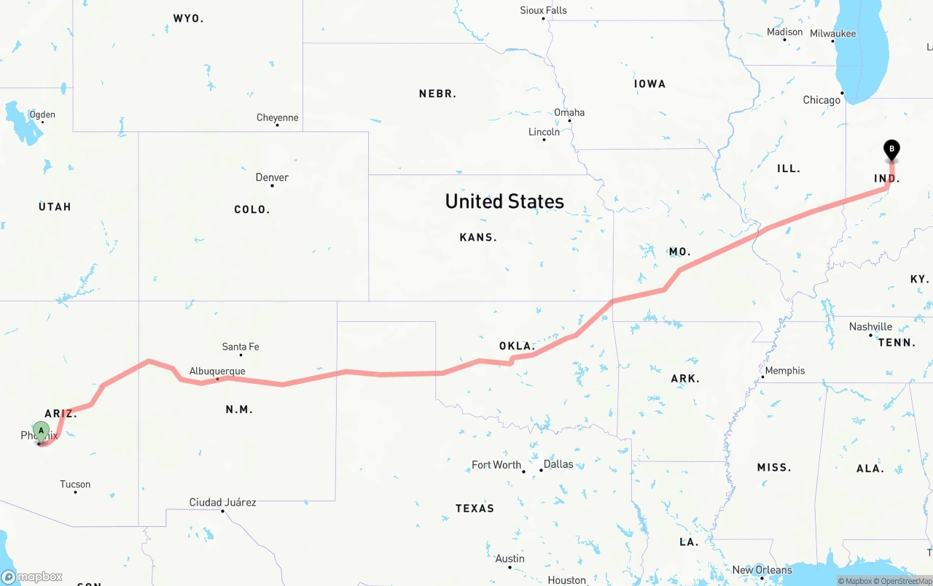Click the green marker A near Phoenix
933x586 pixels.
point(41,431)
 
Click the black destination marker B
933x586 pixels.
point(891,149)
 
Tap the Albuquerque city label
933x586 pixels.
point(217,371)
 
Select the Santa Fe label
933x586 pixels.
point(241,347)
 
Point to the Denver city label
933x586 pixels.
point(272,177)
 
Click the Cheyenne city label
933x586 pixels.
point(277,117)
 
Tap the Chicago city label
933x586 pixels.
point(821,100)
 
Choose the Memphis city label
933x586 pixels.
point(784,371)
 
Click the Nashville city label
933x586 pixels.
point(870,327)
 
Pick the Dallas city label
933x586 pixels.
point(558,464)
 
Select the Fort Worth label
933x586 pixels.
point(496,465)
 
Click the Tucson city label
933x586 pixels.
point(75,485)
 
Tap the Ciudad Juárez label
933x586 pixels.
point(222,502)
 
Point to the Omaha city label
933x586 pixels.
point(569,112)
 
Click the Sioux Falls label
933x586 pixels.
point(543,10)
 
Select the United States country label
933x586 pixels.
point(504,201)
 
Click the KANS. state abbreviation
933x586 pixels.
point(478,237)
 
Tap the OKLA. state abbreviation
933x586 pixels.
point(517,346)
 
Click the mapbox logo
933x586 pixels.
point(32,577)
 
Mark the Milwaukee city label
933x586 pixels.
point(832,34)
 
